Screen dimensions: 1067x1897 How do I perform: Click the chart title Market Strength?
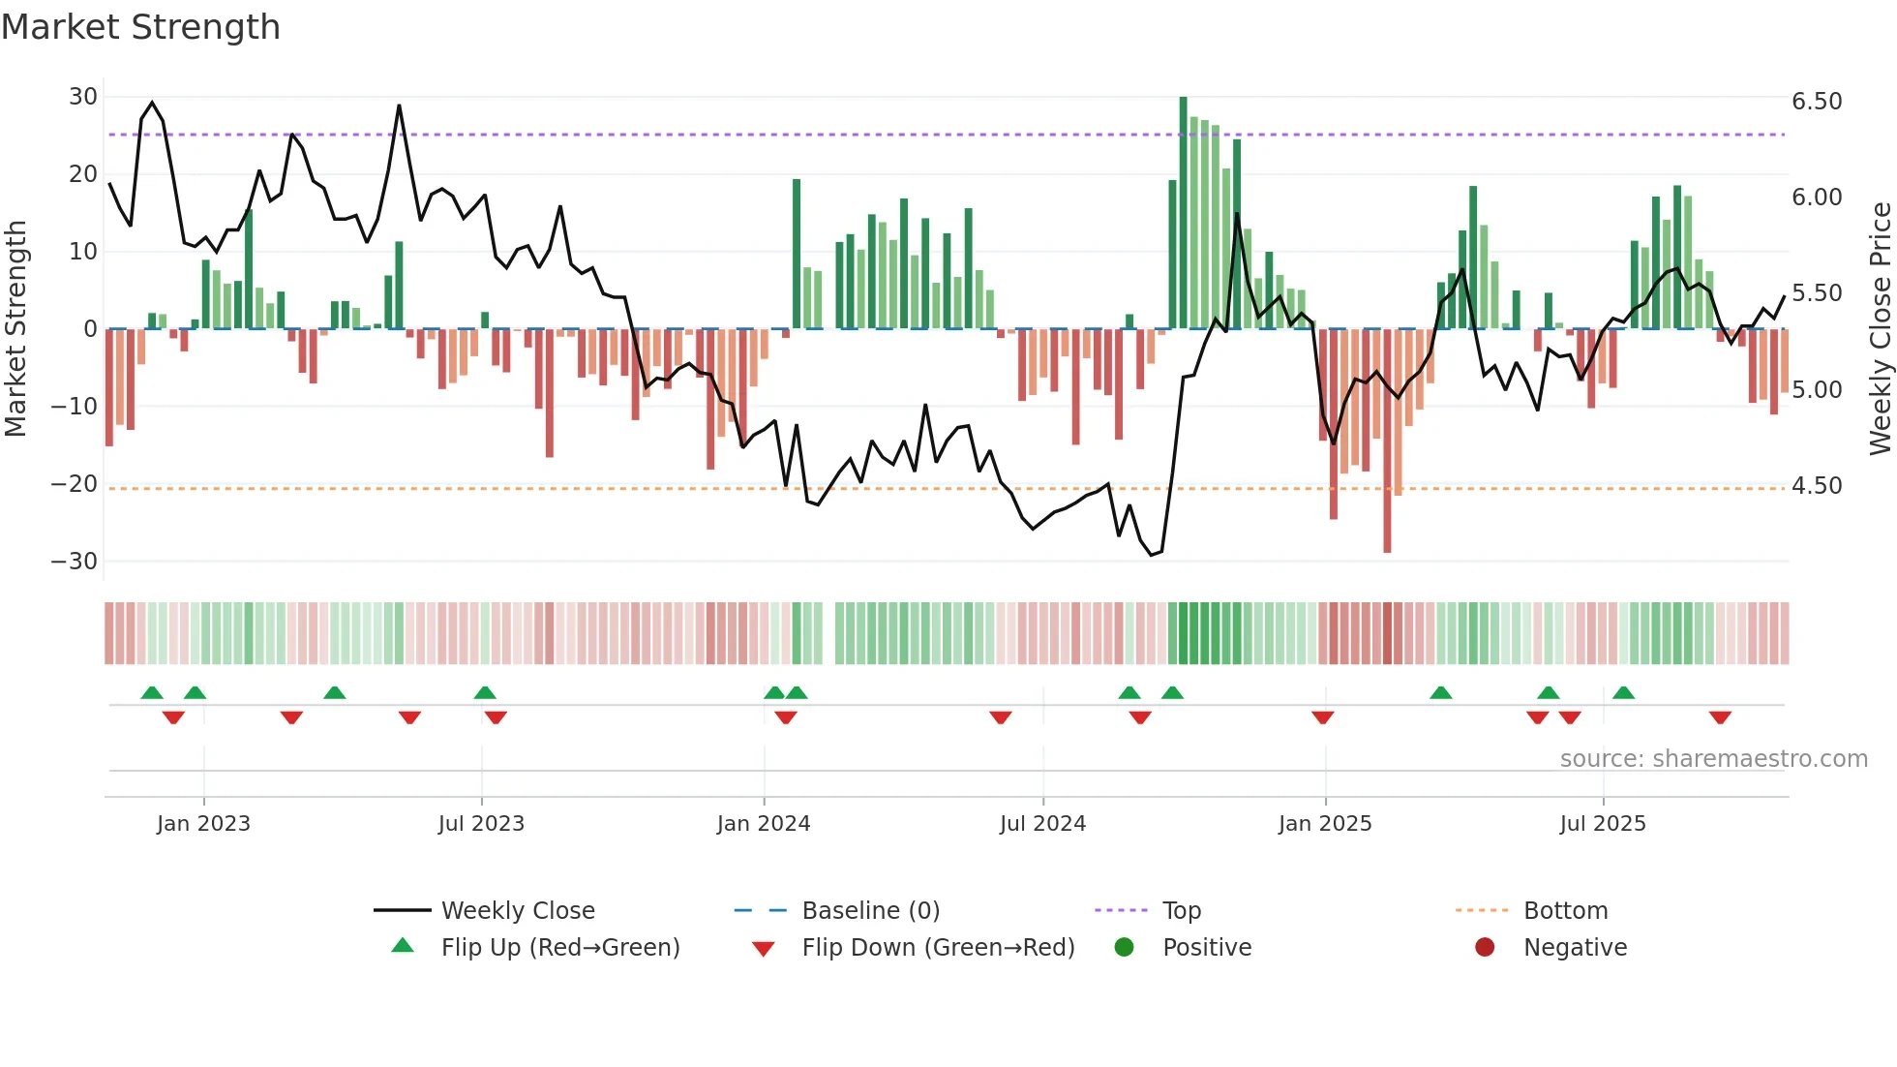140,27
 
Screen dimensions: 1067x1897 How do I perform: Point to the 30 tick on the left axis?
83,97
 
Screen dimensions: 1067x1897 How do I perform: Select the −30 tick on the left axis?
75,562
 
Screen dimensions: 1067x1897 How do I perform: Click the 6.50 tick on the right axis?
1817,102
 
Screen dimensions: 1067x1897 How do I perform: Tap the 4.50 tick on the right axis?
1817,486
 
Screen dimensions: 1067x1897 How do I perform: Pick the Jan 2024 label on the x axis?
764,824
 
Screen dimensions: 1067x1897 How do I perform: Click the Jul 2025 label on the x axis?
1603,824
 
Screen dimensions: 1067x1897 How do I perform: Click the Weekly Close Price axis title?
1880,329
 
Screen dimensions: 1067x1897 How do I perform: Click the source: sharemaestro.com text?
1713,759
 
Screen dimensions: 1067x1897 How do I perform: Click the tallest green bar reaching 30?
1183,213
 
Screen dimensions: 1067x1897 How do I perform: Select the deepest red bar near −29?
1387,441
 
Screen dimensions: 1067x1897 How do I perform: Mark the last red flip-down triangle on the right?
1720,717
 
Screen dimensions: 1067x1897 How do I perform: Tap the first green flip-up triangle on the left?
152,692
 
